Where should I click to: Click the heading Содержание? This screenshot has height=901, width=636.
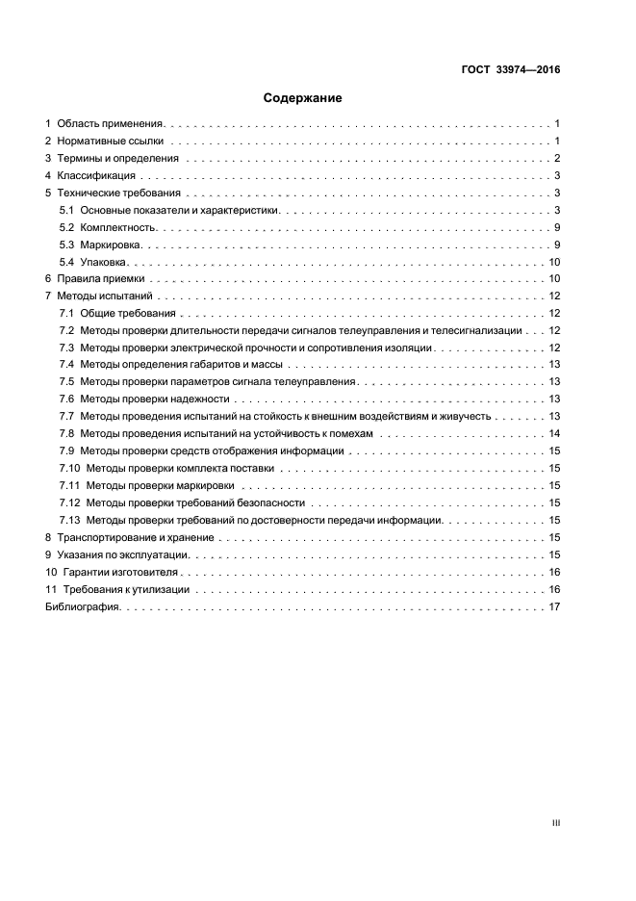pos(303,98)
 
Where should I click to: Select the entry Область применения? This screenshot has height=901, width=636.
pos(112,124)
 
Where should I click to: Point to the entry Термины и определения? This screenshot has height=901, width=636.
pos(118,159)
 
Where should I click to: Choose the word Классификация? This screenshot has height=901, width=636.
pos(96,176)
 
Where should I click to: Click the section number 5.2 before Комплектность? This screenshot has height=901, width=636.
pos(66,228)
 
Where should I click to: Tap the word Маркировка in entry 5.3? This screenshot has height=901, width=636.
pos(111,245)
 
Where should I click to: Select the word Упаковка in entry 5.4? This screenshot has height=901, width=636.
pos(105,263)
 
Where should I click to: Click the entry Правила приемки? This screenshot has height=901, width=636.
pos(101,279)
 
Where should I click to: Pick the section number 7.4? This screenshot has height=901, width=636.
pos(66,365)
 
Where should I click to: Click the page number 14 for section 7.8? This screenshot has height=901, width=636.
pos(554,434)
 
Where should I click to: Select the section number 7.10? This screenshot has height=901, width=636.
pos(69,469)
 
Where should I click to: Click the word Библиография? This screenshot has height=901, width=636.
pos(83,607)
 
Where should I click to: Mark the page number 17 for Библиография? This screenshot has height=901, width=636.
pos(554,607)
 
